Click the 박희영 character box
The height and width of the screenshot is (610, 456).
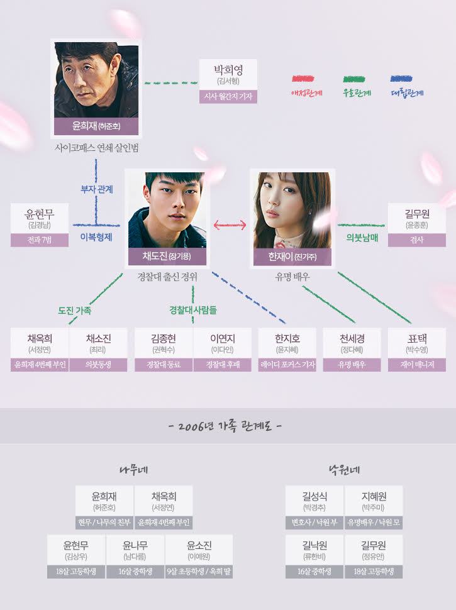[x=228, y=81]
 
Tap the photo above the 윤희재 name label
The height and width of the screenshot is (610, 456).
[x=96, y=80]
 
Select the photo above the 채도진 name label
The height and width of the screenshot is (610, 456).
[x=167, y=210]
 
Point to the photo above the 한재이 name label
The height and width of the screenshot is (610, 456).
[x=292, y=210]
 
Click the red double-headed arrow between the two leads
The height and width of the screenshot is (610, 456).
[x=230, y=225]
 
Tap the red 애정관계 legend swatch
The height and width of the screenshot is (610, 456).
[x=303, y=79]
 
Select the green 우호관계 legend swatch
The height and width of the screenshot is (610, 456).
[x=354, y=79]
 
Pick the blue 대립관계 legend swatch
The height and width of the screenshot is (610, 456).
[x=401, y=79]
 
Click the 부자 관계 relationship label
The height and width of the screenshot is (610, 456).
[x=96, y=189]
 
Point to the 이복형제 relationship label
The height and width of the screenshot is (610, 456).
[x=96, y=237]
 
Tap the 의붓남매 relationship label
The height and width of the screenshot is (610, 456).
[x=362, y=238]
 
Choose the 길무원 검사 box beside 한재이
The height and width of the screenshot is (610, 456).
[x=417, y=225]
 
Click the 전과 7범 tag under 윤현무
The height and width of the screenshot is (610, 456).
[x=39, y=240]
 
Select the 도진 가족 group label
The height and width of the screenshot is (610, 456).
[x=75, y=311]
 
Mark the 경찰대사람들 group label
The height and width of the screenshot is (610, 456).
[x=193, y=310]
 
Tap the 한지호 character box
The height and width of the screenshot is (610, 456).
[x=287, y=350]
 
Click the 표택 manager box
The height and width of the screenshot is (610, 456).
[x=417, y=350]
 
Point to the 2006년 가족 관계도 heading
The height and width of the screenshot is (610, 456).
[x=225, y=426]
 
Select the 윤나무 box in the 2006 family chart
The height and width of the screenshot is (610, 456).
[x=135, y=557]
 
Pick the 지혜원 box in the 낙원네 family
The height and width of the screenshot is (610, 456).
[x=374, y=507]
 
